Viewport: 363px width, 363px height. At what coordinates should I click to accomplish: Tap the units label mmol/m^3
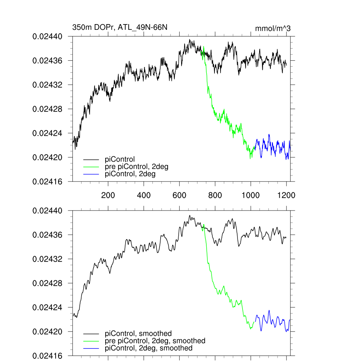click(273, 28)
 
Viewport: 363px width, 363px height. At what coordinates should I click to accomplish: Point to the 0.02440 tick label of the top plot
click(48, 37)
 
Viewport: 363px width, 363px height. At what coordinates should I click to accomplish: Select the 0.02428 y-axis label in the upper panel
click(48, 109)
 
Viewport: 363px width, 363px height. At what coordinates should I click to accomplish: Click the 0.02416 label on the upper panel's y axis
click(48, 181)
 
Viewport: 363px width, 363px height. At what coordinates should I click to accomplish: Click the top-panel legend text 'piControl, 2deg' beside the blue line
click(130, 174)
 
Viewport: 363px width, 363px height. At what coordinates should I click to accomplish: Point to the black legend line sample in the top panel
click(91, 159)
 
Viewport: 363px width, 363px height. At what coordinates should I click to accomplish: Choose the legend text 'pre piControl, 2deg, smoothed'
click(155, 341)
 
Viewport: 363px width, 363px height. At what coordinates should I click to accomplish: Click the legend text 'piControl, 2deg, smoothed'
click(149, 348)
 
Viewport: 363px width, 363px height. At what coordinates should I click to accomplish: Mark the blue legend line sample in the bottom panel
click(91, 348)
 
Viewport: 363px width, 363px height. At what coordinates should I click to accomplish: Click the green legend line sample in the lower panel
click(91, 341)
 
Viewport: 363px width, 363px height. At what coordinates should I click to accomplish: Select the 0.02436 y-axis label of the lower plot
click(48, 235)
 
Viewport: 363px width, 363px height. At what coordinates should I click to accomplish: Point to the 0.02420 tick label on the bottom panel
click(48, 331)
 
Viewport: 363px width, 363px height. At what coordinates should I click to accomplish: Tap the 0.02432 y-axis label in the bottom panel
click(48, 259)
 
